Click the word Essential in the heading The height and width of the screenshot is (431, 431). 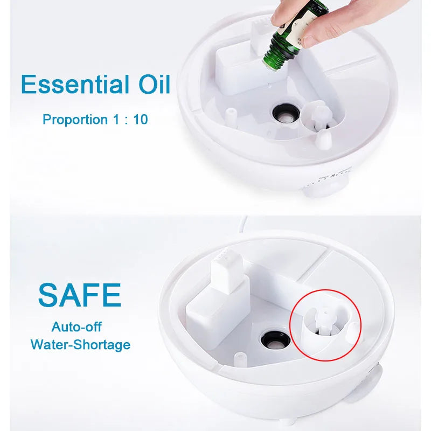72,85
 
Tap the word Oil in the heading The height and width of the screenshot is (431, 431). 150,85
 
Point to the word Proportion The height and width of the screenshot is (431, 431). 75,119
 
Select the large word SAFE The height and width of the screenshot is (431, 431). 79,294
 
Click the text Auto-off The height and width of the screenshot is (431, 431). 77,326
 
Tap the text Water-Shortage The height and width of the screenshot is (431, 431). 80,344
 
